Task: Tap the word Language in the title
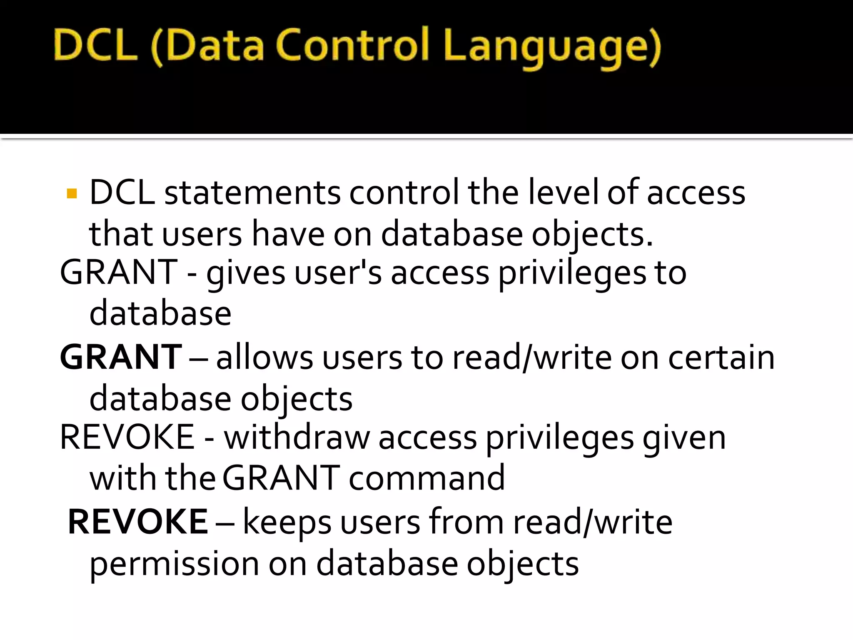pyautogui.click(x=552, y=47)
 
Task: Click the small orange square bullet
pyautogui.click(x=72, y=194)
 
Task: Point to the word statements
pyautogui.click(x=252, y=192)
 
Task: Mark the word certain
pyautogui.click(x=721, y=357)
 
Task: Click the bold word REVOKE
pyautogui.click(x=137, y=522)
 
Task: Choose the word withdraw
pyautogui.click(x=297, y=437)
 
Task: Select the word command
pyautogui.click(x=427, y=478)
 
